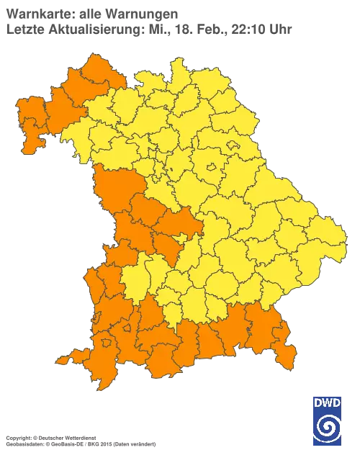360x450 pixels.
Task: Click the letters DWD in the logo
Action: (326, 402)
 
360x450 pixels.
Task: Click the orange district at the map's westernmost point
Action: (27, 115)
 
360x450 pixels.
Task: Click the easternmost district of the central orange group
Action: (184, 222)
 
